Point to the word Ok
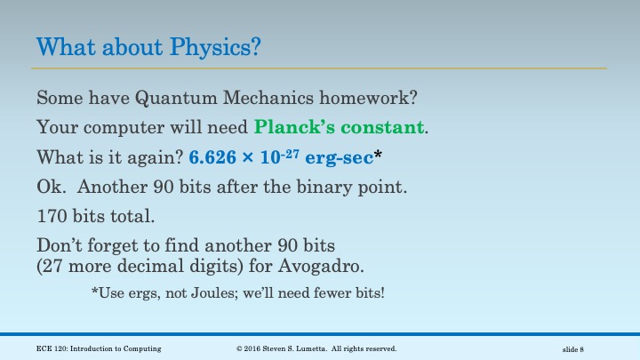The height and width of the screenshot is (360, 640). [50, 188]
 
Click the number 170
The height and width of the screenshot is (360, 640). [52, 215]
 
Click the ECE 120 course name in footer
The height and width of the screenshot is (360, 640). [99, 348]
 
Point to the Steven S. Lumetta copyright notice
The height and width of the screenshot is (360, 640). [316, 348]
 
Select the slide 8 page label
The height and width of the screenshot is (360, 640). [572, 348]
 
